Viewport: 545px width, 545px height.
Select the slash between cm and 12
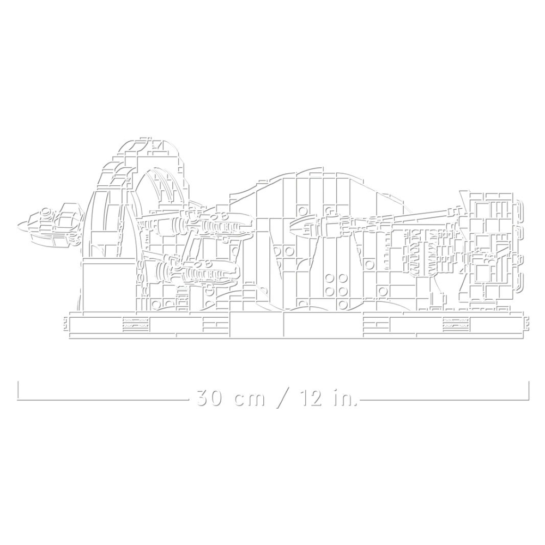[x=282, y=398]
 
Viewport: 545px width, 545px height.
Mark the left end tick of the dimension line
[x=18, y=391]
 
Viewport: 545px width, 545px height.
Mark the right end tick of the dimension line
[x=528, y=391]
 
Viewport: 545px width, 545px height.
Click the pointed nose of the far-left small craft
[x=18, y=227]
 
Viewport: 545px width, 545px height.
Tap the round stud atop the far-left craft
[x=45, y=210]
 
